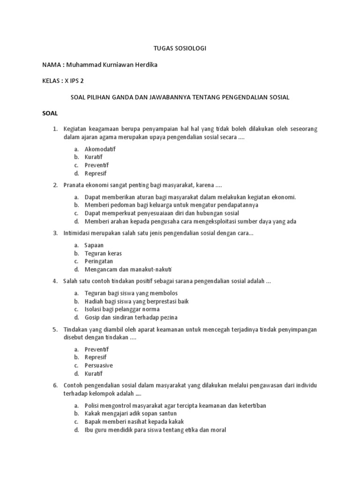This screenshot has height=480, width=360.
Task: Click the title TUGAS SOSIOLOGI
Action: (180, 48)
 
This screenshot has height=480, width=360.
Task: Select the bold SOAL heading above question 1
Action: (49, 113)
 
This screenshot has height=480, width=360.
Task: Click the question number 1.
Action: (54, 129)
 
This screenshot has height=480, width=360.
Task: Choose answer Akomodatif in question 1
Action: (100, 149)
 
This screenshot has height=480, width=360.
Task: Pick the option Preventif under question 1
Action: (97, 165)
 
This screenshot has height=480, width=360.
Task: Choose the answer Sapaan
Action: (94, 245)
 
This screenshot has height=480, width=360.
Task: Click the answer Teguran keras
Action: (103, 253)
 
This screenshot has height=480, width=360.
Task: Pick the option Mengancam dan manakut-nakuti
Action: (128, 270)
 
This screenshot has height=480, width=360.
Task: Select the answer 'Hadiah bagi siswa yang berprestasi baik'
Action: (136, 301)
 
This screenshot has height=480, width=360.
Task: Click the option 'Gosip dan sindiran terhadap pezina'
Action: (131, 317)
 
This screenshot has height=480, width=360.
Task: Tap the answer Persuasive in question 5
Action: (98, 366)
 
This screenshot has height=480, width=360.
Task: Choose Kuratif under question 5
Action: (93, 374)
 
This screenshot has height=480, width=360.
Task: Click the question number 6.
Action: (54, 385)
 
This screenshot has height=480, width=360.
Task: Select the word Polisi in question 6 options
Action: (92, 405)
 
